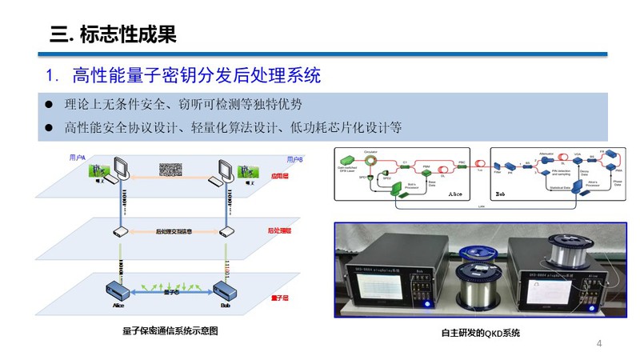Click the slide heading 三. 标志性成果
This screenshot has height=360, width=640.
point(113,34)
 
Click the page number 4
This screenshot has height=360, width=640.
point(599,343)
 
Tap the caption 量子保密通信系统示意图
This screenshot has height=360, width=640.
point(170,330)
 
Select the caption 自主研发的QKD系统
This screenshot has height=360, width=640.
point(480,332)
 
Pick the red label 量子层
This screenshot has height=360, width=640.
point(279,298)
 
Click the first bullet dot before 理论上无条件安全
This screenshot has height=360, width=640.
point(48,104)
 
